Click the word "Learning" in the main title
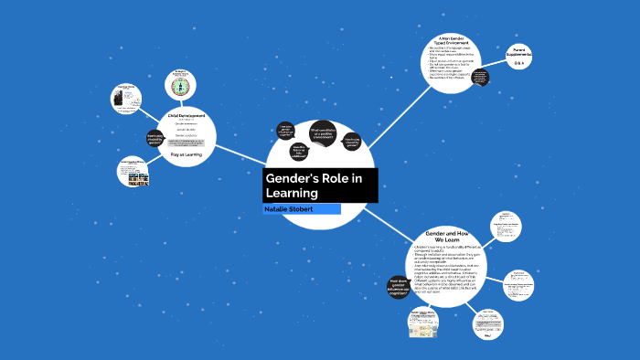(x=292, y=194)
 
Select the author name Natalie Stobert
(x=289, y=209)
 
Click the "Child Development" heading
(x=187, y=116)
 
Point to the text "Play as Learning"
(x=187, y=154)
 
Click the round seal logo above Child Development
(x=180, y=86)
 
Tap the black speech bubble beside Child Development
(x=155, y=138)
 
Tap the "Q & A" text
(x=518, y=64)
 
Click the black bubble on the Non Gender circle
(x=477, y=77)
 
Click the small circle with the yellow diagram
(x=423, y=322)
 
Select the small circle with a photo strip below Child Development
(x=134, y=174)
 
